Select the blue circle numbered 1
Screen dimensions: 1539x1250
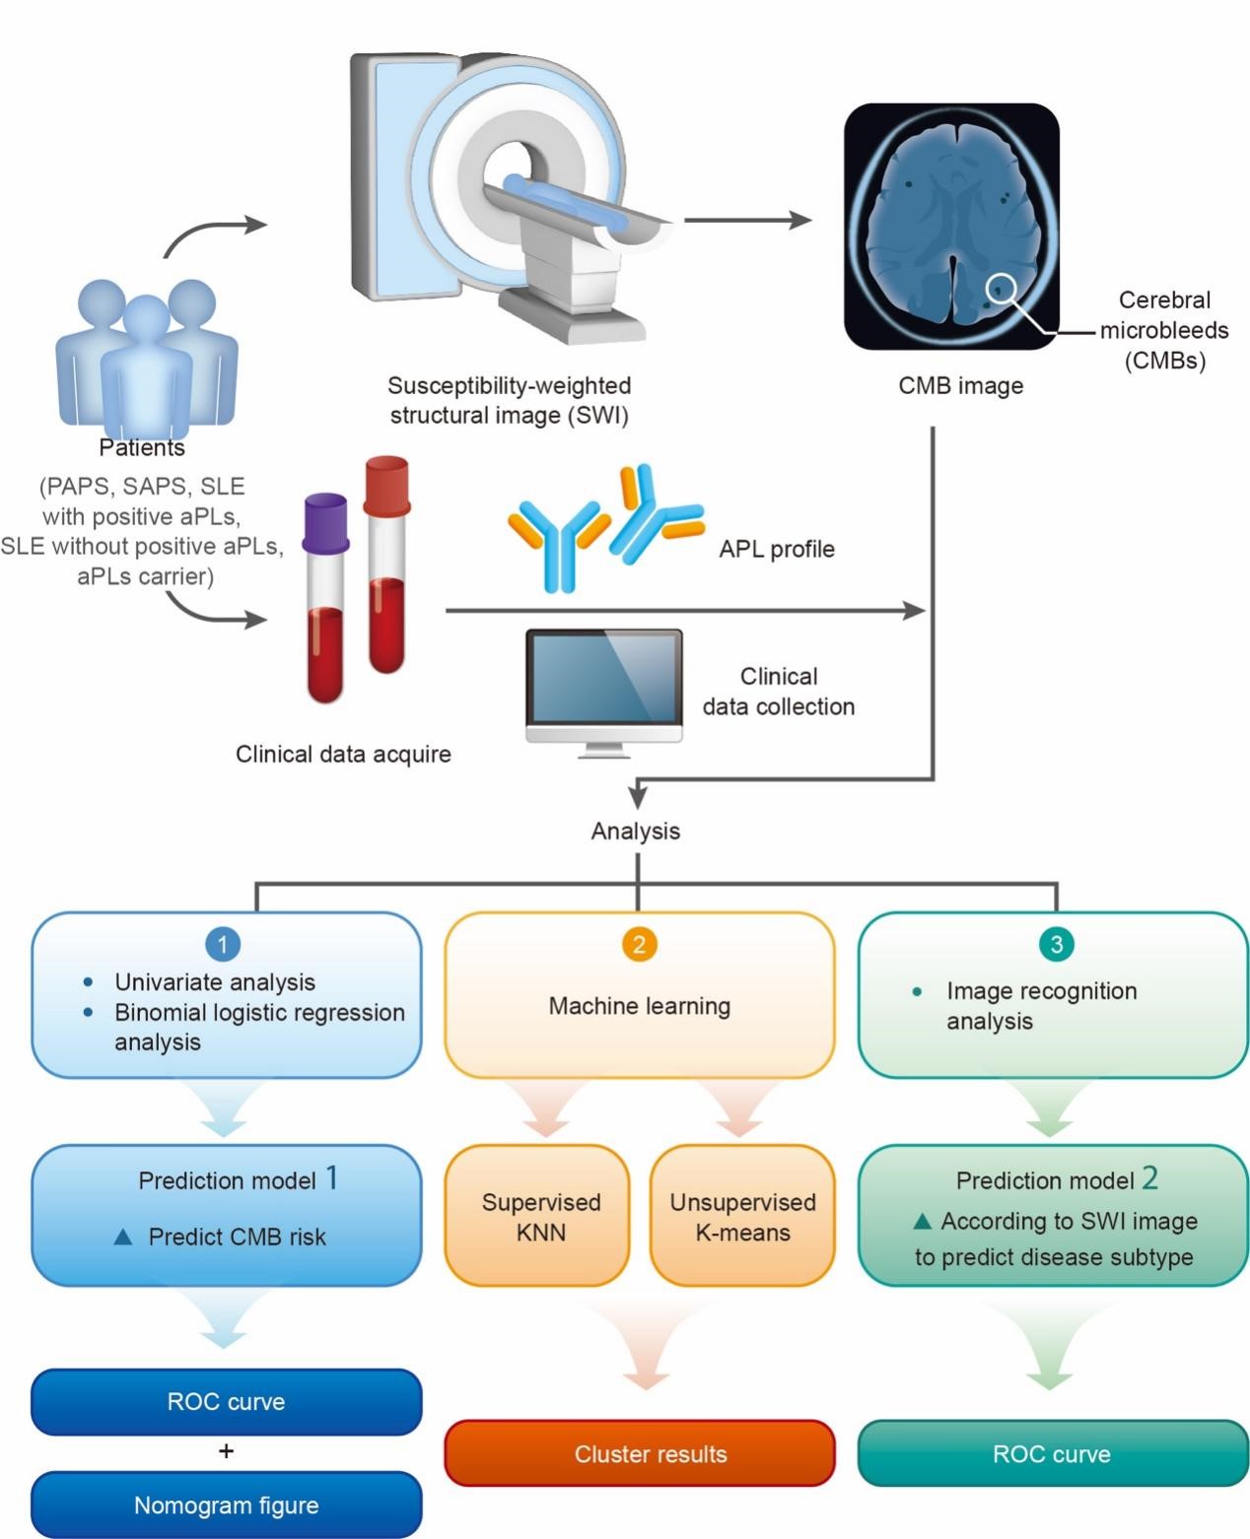coord(223,945)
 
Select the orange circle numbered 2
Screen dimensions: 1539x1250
coord(639,945)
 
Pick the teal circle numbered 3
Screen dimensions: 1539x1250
coord(1056,945)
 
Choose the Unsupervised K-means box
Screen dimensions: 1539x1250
coord(742,1216)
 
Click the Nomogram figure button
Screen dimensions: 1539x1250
coord(227,1505)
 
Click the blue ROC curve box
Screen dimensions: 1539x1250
coord(227,1401)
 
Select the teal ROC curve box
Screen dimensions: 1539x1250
coord(1053,1453)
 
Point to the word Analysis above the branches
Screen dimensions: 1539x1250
coord(636,831)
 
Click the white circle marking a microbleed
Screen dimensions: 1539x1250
coord(1001,288)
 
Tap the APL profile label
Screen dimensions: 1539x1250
coord(777,549)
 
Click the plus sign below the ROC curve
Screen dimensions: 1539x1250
coord(226,1450)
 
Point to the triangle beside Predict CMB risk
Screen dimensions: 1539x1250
coord(123,1237)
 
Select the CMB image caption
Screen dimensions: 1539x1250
coord(960,385)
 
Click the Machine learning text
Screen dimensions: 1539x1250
coord(640,1006)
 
